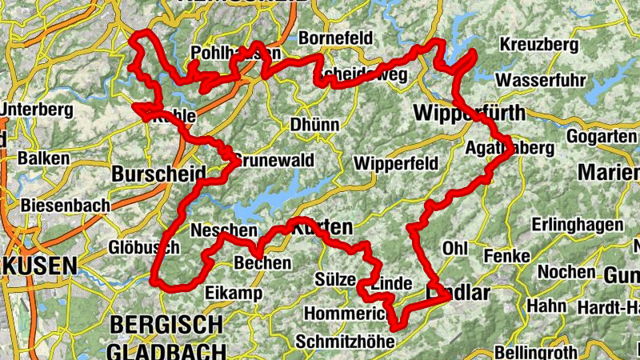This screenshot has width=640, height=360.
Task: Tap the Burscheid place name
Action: tap(158, 174)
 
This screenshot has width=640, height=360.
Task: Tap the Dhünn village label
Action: tap(314, 125)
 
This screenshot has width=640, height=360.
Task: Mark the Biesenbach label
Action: tap(66, 206)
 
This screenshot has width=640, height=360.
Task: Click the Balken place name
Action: tap(44, 158)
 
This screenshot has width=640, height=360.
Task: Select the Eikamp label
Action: tap(234, 294)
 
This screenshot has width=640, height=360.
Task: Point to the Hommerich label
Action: tap(346, 313)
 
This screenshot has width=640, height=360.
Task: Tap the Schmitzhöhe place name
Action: tap(345, 342)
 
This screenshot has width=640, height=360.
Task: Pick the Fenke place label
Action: tap(507, 256)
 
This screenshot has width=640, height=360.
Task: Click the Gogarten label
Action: tap(602, 137)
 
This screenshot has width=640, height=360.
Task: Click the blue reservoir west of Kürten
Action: tap(272, 200)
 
